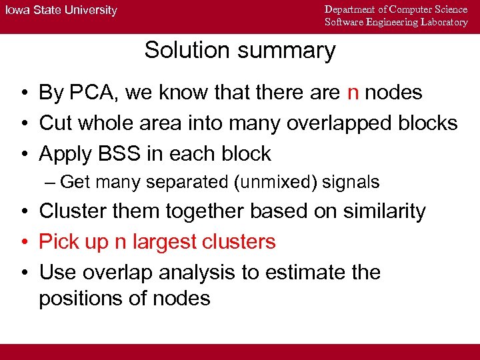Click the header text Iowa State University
(62, 11)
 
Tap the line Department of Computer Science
(396, 9)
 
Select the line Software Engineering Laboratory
(396, 22)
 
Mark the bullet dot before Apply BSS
(23, 154)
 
